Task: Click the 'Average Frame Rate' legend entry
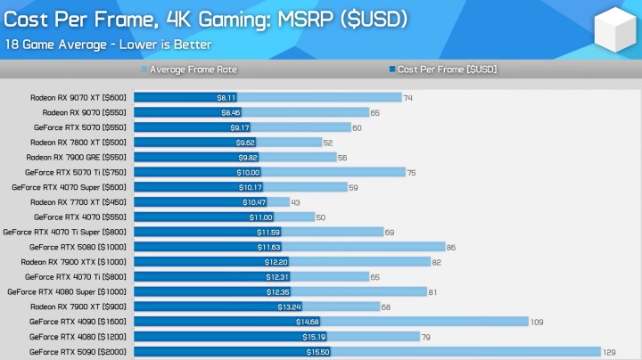[x=193, y=69]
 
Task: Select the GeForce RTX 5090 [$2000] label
[x=78, y=352]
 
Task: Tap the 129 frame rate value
[x=610, y=352]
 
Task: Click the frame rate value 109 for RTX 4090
[x=537, y=322]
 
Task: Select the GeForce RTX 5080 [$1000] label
[x=78, y=247]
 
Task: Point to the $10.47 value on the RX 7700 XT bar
[x=254, y=202]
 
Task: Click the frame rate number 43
[x=296, y=202]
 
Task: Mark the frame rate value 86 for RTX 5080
[x=451, y=247]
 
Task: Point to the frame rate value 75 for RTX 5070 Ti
[x=411, y=172]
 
